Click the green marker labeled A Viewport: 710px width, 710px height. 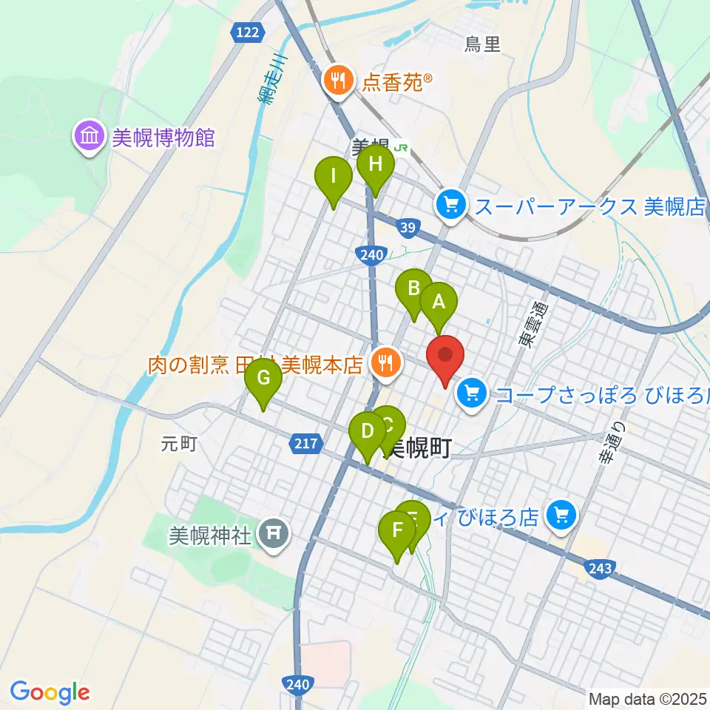point(439,302)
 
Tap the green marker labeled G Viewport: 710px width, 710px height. point(263,379)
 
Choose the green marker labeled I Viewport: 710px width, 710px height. point(333,177)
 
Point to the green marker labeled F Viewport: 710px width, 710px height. point(397,531)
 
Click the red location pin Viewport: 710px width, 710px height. point(445,355)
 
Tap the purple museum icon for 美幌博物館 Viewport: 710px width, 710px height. point(89,137)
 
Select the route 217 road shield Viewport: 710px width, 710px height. point(305,444)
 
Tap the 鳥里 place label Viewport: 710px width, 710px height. point(483,45)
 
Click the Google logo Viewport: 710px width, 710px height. point(50,692)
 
